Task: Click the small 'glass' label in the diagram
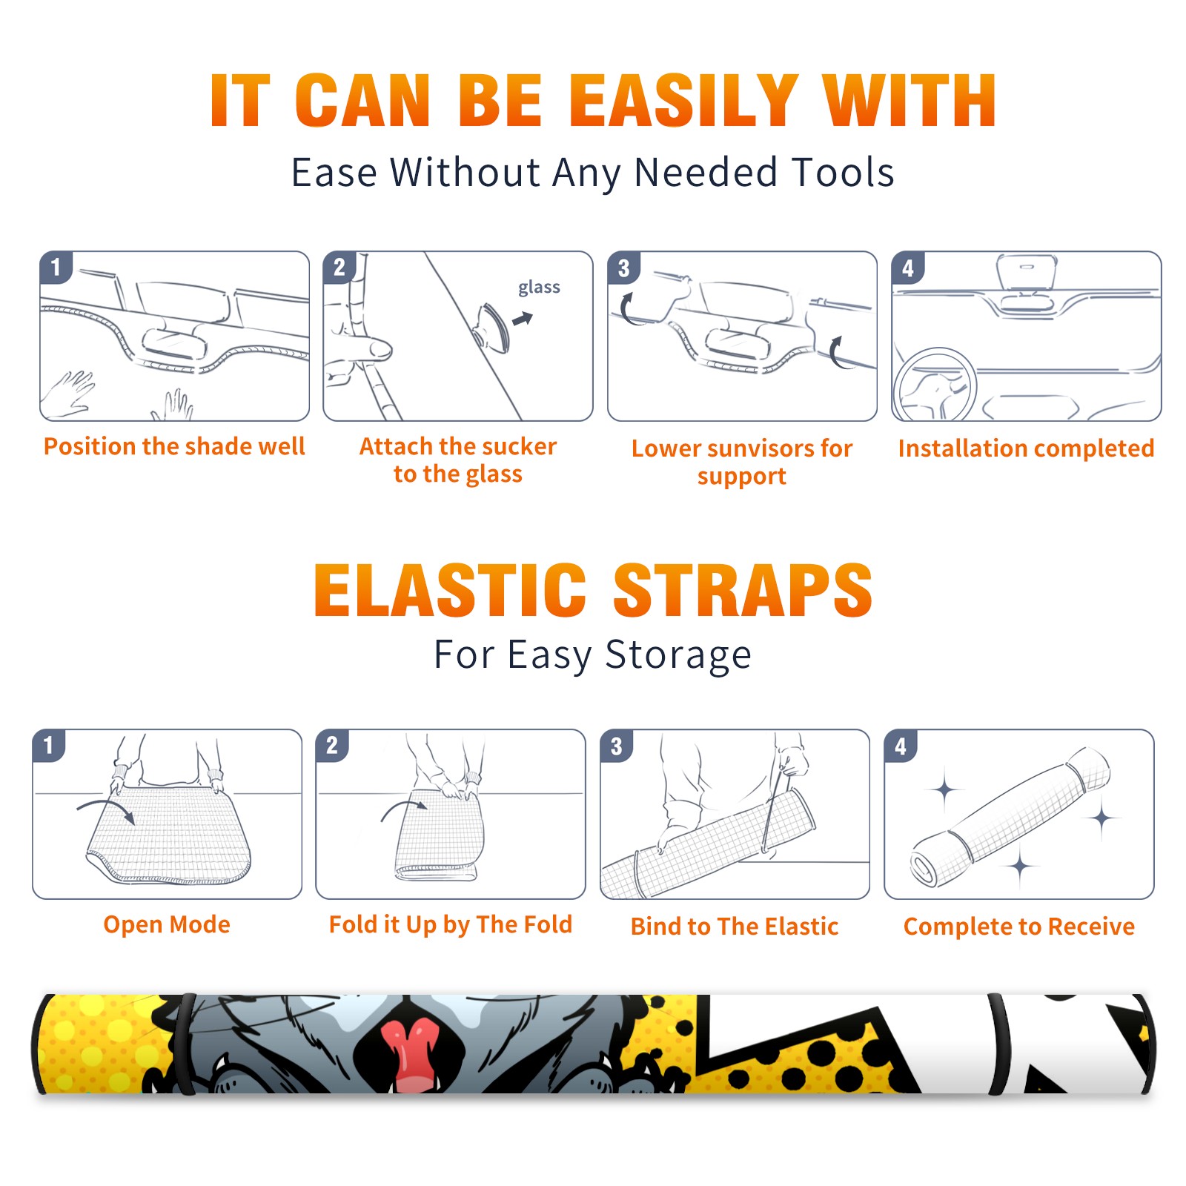(539, 288)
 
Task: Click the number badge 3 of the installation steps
(623, 268)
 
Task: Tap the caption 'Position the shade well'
(174, 446)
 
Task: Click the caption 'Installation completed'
(1026, 448)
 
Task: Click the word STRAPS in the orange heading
(743, 590)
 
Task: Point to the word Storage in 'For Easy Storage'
(678, 655)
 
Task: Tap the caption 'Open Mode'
(167, 924)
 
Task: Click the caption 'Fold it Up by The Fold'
(451, 925)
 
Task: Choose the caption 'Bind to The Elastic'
(735, 927)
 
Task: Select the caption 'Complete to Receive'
(1019, 927)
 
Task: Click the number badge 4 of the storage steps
(901, 746)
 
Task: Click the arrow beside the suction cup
(523, 319)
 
